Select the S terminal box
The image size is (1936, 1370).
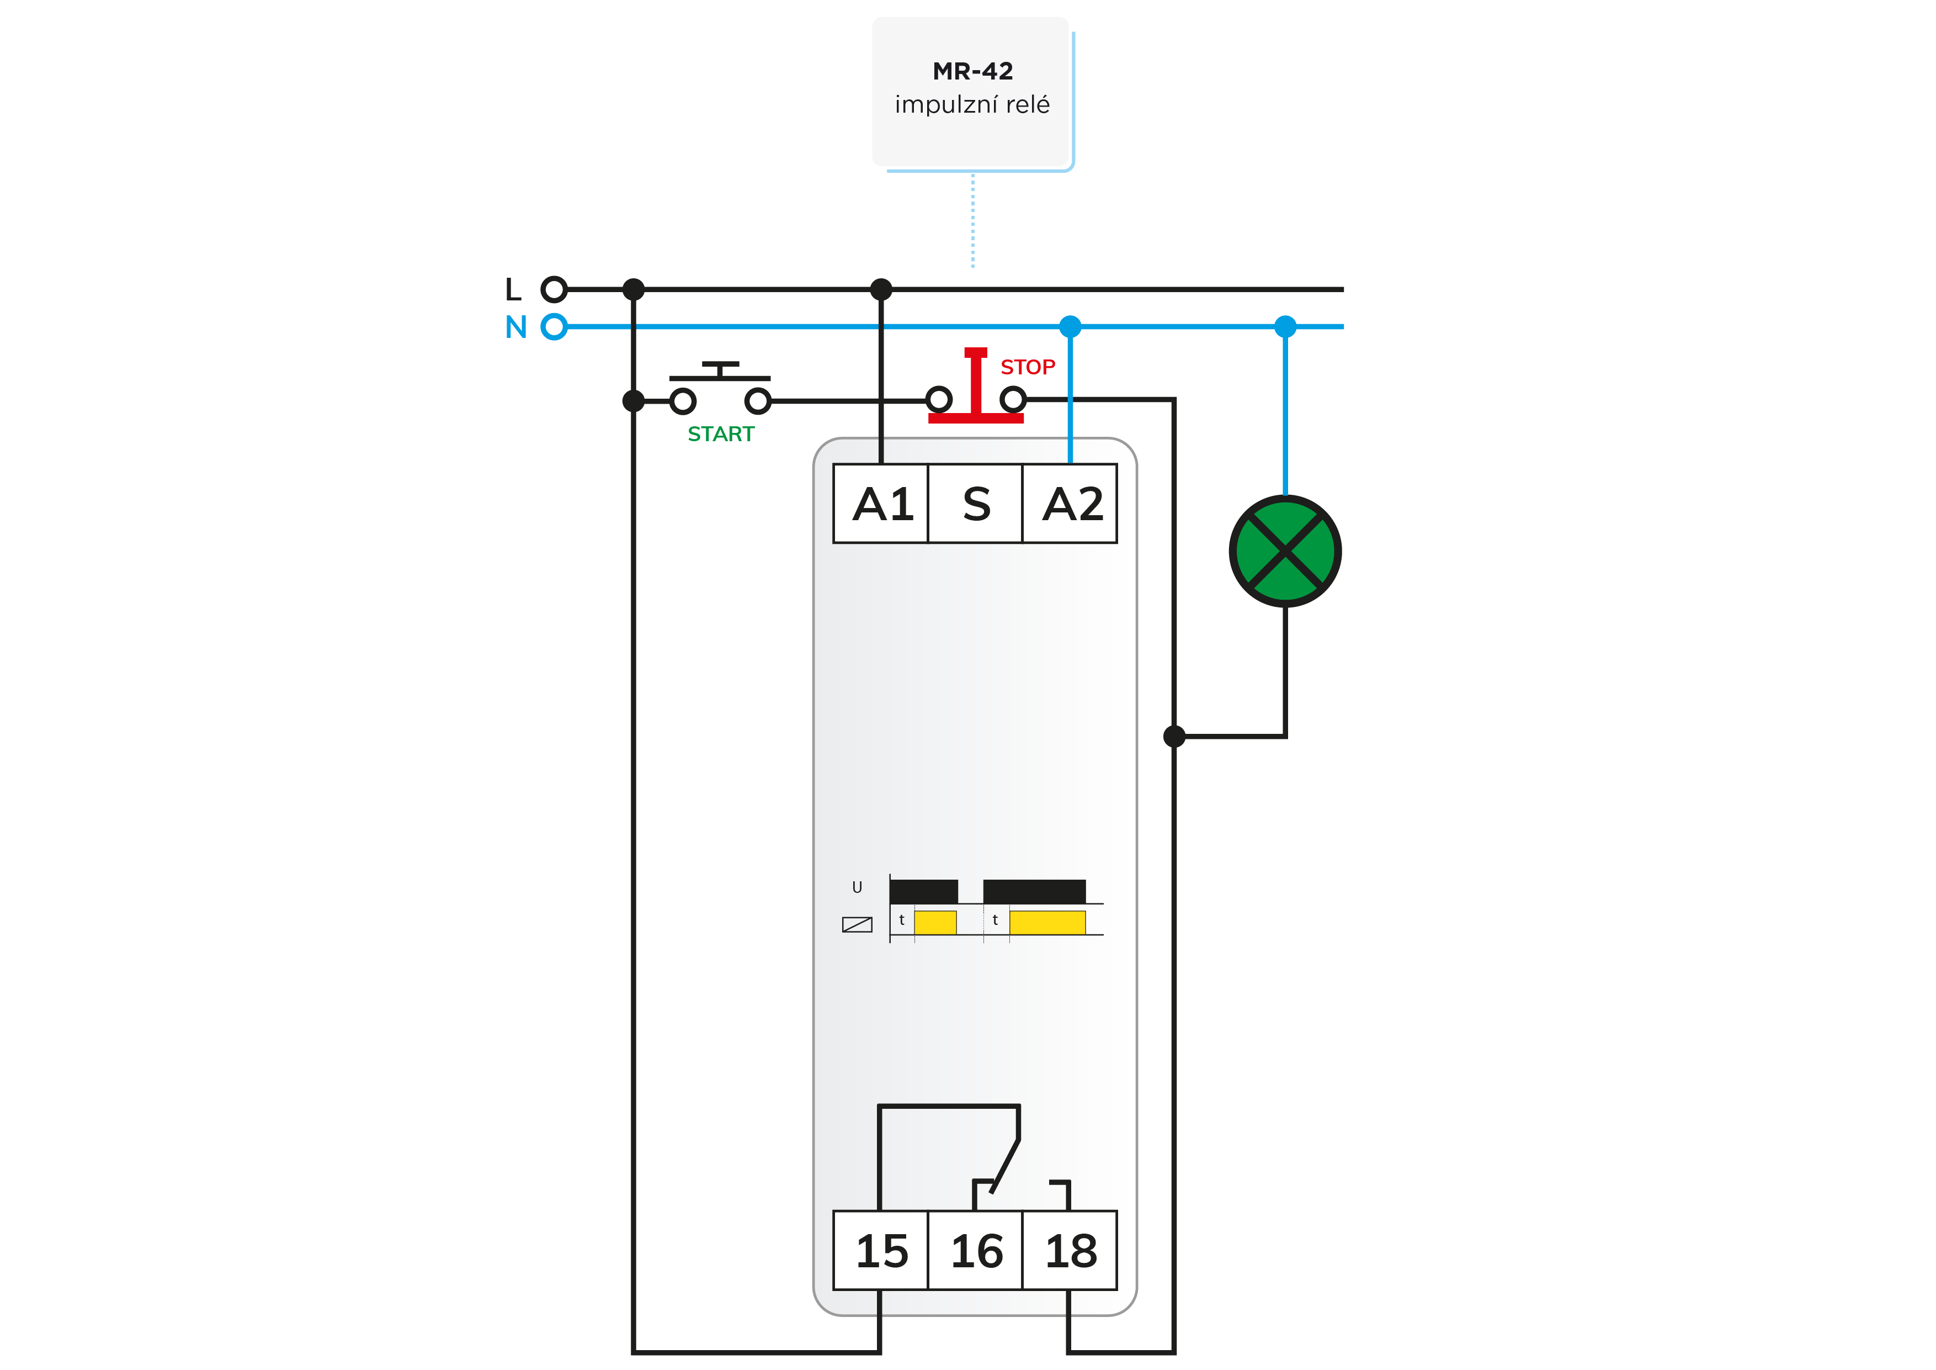[976, 504]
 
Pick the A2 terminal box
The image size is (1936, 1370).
[1070, 504]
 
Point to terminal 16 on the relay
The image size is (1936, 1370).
[976, 1250]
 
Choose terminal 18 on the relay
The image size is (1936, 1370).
[1070, 1250]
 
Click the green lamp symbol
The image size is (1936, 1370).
[1285, 551]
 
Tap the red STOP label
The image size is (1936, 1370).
[1028, 367]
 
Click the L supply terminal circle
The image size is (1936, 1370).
[554, 289]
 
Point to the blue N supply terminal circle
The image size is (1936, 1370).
[554, 326]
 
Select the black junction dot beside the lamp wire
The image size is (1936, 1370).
[1174, 737]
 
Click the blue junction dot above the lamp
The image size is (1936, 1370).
[1285, 326]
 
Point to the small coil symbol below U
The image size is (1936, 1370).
[857, 924]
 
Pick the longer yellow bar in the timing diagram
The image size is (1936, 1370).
[1047, 923]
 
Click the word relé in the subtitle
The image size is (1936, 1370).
[1028, 104]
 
